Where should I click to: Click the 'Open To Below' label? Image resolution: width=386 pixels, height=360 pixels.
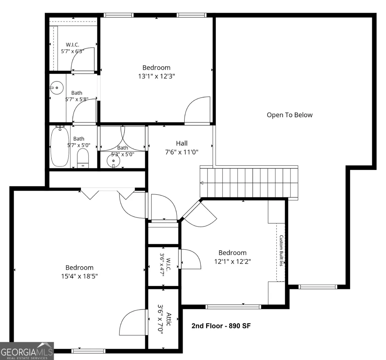click(289, 115)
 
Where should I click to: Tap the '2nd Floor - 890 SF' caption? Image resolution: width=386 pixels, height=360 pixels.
click(221, 326)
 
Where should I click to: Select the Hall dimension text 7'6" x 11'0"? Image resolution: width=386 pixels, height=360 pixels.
click(182, 152)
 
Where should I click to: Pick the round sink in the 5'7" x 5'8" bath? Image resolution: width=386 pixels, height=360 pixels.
click(57, 88)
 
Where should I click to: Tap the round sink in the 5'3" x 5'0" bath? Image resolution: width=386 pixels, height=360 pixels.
click(114, 161)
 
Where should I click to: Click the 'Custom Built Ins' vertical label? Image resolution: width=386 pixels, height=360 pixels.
click(281, 251)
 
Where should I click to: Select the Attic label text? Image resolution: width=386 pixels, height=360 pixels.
click(169, 319)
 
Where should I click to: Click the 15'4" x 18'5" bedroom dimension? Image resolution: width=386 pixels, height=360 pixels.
click(79, 276)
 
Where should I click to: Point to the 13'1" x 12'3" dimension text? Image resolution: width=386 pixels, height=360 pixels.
click(156, 76)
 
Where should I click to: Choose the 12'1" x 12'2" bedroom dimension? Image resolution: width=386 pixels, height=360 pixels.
click(232, 261)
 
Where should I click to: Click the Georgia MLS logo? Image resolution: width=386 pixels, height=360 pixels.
click(27, 351)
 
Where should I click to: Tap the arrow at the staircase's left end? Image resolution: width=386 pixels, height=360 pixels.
click(201, 183)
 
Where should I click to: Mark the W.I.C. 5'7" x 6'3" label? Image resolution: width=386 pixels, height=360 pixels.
click(72, 48)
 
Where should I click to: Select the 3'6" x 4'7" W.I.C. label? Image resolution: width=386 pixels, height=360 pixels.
click(165, 265)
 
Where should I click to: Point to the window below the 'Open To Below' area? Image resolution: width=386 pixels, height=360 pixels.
click(318, 287)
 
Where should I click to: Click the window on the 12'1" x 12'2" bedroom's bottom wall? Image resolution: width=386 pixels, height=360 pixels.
click(233, 307)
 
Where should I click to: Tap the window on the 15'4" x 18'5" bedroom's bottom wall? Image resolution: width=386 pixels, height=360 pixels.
click(88, 351)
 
